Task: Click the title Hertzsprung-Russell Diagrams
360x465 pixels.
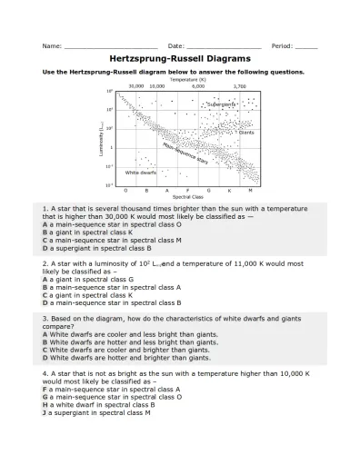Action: click(x=179, y=57)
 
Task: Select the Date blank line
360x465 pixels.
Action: click(x=223, y=45)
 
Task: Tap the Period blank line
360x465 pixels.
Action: click(x=306, y=45)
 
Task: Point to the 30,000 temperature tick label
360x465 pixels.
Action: click(x=135, y=85)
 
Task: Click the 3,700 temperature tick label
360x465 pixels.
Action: click(x=239, y=85)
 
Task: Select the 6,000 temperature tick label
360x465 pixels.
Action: click(x=198, y=85)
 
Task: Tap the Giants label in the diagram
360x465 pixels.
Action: click(x=245, y=133)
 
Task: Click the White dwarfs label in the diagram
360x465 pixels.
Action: click(x=141, y=172)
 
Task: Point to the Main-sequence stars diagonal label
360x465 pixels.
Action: click(x=185, y=153)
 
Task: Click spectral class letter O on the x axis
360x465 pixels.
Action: click(x=125, y=190)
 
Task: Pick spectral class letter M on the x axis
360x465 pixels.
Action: click(x=249, y=190)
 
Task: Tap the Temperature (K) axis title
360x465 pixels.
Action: click(x=188, y=79)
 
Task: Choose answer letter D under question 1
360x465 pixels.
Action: click(x=45, y=247)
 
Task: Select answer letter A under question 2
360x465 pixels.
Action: click(x=45, y=280)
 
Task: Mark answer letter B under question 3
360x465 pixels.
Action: click(x=45, y=341)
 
